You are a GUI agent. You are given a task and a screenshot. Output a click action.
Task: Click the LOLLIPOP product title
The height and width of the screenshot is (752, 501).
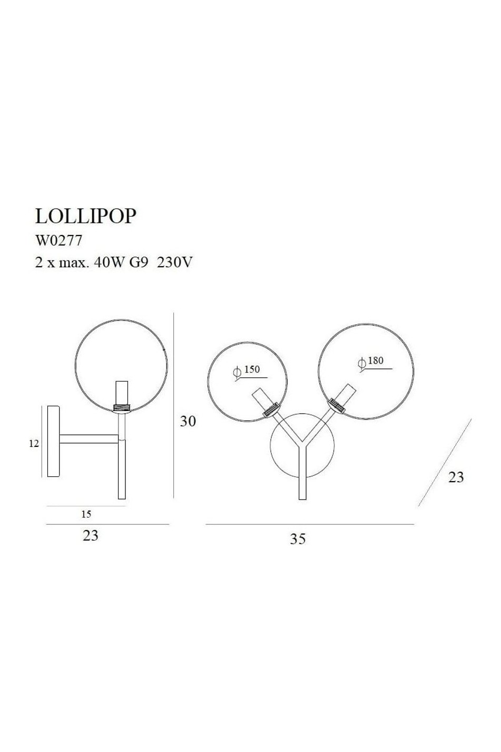[x=85, y=216]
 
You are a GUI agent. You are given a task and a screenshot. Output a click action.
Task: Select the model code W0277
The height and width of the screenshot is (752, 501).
[x=58, y=240]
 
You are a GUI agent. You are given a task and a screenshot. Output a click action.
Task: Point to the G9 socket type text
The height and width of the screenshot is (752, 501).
[x=139, y=262]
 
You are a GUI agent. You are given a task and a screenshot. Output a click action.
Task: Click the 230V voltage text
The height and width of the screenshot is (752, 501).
[x=174, y=262]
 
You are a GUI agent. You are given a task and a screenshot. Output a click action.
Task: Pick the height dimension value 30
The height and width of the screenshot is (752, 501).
[x=188, y=421]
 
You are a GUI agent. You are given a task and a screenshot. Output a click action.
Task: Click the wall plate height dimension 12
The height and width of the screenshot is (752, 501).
[x=34, y=444]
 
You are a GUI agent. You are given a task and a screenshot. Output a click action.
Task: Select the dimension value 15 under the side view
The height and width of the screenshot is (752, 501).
[x=86, y=514]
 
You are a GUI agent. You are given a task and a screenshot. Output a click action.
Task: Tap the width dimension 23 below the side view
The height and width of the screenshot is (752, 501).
[x=90, y=535]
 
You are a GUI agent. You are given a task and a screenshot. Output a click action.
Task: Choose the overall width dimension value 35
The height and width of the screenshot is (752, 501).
[x=298, y=539]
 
